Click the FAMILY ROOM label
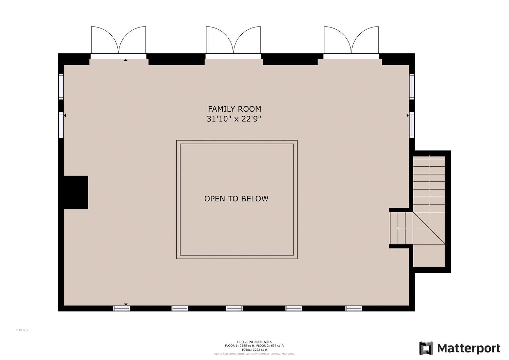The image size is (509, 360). coord(234,109)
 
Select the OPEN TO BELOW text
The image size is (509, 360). coord(236,199)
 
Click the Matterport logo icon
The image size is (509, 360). coord(426,348)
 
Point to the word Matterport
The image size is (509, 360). coord(469,348)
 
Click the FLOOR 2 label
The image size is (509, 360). coord(22,330)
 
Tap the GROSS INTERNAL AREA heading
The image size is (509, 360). coord(254,342)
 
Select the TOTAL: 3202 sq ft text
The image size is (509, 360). coord(254,349)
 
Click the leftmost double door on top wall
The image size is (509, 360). coord(118,41)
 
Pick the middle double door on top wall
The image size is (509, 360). coord(233,41)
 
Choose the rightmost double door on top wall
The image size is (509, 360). coord(351,41)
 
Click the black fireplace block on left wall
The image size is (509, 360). coord(76,192)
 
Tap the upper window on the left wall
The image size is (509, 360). coord(61,86)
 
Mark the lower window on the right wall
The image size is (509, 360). coord(412,125)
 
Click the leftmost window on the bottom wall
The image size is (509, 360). coord(121,308)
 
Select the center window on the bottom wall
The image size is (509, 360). coord(234,308)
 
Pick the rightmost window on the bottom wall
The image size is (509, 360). coord(354,308)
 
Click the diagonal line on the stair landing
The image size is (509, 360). coord(429,228)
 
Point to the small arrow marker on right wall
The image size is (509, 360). coord(408,115)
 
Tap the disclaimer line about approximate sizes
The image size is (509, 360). coord(254,354)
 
